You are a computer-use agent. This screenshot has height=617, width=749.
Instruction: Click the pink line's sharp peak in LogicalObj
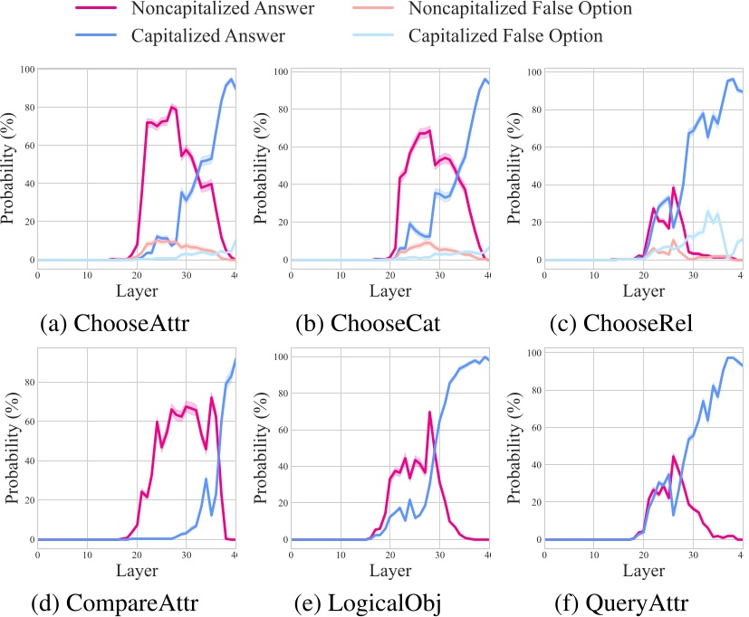429,412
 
